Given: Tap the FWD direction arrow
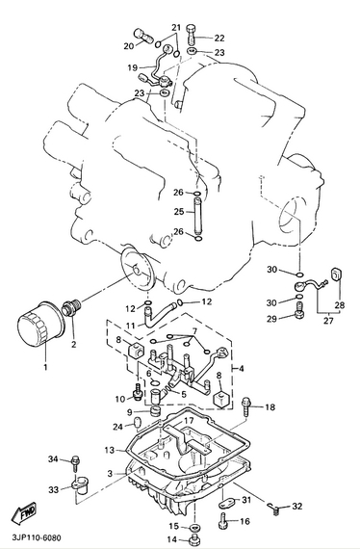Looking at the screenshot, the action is coord(23,512).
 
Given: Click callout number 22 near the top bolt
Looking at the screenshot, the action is coord(219,38).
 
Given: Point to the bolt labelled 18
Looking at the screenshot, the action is coord(247,405).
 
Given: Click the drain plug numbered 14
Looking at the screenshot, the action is coord(194,539).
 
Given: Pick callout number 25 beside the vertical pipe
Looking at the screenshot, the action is coord(179,212).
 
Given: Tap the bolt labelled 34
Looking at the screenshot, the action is coord(75,462).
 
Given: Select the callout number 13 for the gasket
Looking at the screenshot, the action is coord(110,450).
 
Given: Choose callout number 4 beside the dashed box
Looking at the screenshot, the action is coord(242,368).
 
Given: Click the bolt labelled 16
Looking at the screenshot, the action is coord(223,520).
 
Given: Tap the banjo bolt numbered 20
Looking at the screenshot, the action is coord(143,36).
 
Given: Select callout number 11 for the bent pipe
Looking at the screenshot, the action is coord(131,326).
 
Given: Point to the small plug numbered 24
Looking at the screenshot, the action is coord(137,422).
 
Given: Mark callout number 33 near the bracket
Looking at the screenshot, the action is coord(53,489).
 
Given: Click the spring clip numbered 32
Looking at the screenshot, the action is coord(274,508).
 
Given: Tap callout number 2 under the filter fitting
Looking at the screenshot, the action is coord(73,344).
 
